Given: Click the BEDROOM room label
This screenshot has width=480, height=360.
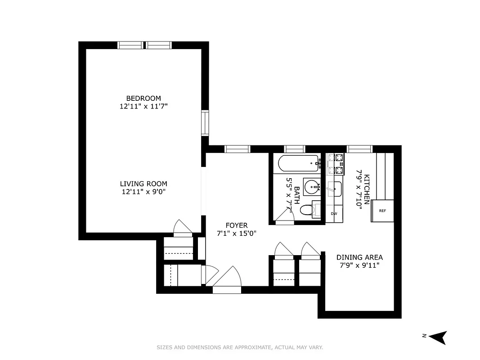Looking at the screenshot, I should [143, 98].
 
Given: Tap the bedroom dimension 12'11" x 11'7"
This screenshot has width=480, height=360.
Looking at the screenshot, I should [143, 106].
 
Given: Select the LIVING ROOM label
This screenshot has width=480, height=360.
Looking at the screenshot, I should [143, 184].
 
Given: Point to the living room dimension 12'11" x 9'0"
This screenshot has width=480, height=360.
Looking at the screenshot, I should [143, 192].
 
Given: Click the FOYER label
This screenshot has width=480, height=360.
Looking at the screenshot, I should [237, 225].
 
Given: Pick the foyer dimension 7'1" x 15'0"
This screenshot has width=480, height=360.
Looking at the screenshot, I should [237, 233].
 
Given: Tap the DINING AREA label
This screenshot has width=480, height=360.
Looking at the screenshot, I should [359, 257].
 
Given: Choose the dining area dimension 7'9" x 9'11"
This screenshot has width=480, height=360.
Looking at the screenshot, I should [359, 265].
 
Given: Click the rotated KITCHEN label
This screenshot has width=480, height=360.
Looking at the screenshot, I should [367, 189].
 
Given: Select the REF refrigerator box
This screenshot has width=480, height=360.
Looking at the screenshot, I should [382, 211].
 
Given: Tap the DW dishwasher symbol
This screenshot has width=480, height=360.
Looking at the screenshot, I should [334, 214].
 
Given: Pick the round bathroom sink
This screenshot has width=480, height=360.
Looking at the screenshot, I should [311, 186].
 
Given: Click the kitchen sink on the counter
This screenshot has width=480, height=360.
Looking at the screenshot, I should [335, 189].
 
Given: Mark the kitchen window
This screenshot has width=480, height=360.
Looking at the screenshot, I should [359, 149].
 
